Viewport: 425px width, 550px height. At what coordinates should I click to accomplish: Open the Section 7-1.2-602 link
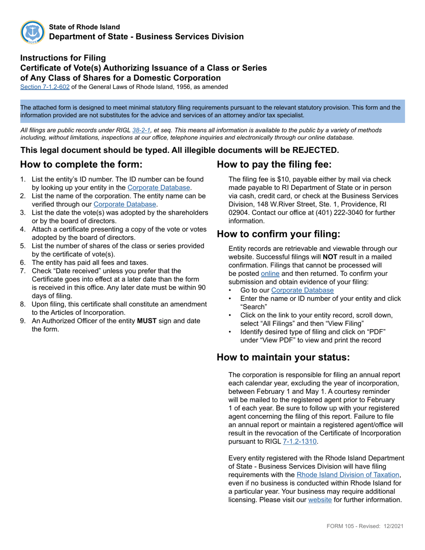pyautogui.click(x=45, y=87)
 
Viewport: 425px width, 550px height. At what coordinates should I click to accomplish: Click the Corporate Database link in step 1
pyautogui.click(x=159, y=188)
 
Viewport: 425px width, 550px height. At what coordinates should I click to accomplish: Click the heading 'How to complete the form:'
pyautogui.click(x=81, y=164)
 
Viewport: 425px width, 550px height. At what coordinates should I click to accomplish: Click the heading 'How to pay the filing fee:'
pyautogui.click(x=274, y=164)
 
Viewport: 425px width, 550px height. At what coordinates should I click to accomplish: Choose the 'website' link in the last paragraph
pyautogui.click(x=320, y=499)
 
